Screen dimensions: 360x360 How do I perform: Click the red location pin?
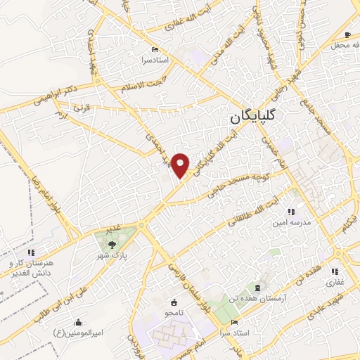pyautogui.click(x=181, y=164)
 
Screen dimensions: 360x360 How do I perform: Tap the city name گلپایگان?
pyautogui.click(x=256, y=117)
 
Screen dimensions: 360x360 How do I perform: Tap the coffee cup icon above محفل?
pyautogui.click(x=347, y=35)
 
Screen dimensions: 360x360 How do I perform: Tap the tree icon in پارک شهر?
pyautogui.click(x=112, y=245)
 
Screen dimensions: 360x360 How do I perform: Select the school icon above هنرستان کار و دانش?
pyautogui.click(x=30, y=252)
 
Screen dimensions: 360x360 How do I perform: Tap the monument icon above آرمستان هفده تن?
pyautogui.click(x=257, y=288)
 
